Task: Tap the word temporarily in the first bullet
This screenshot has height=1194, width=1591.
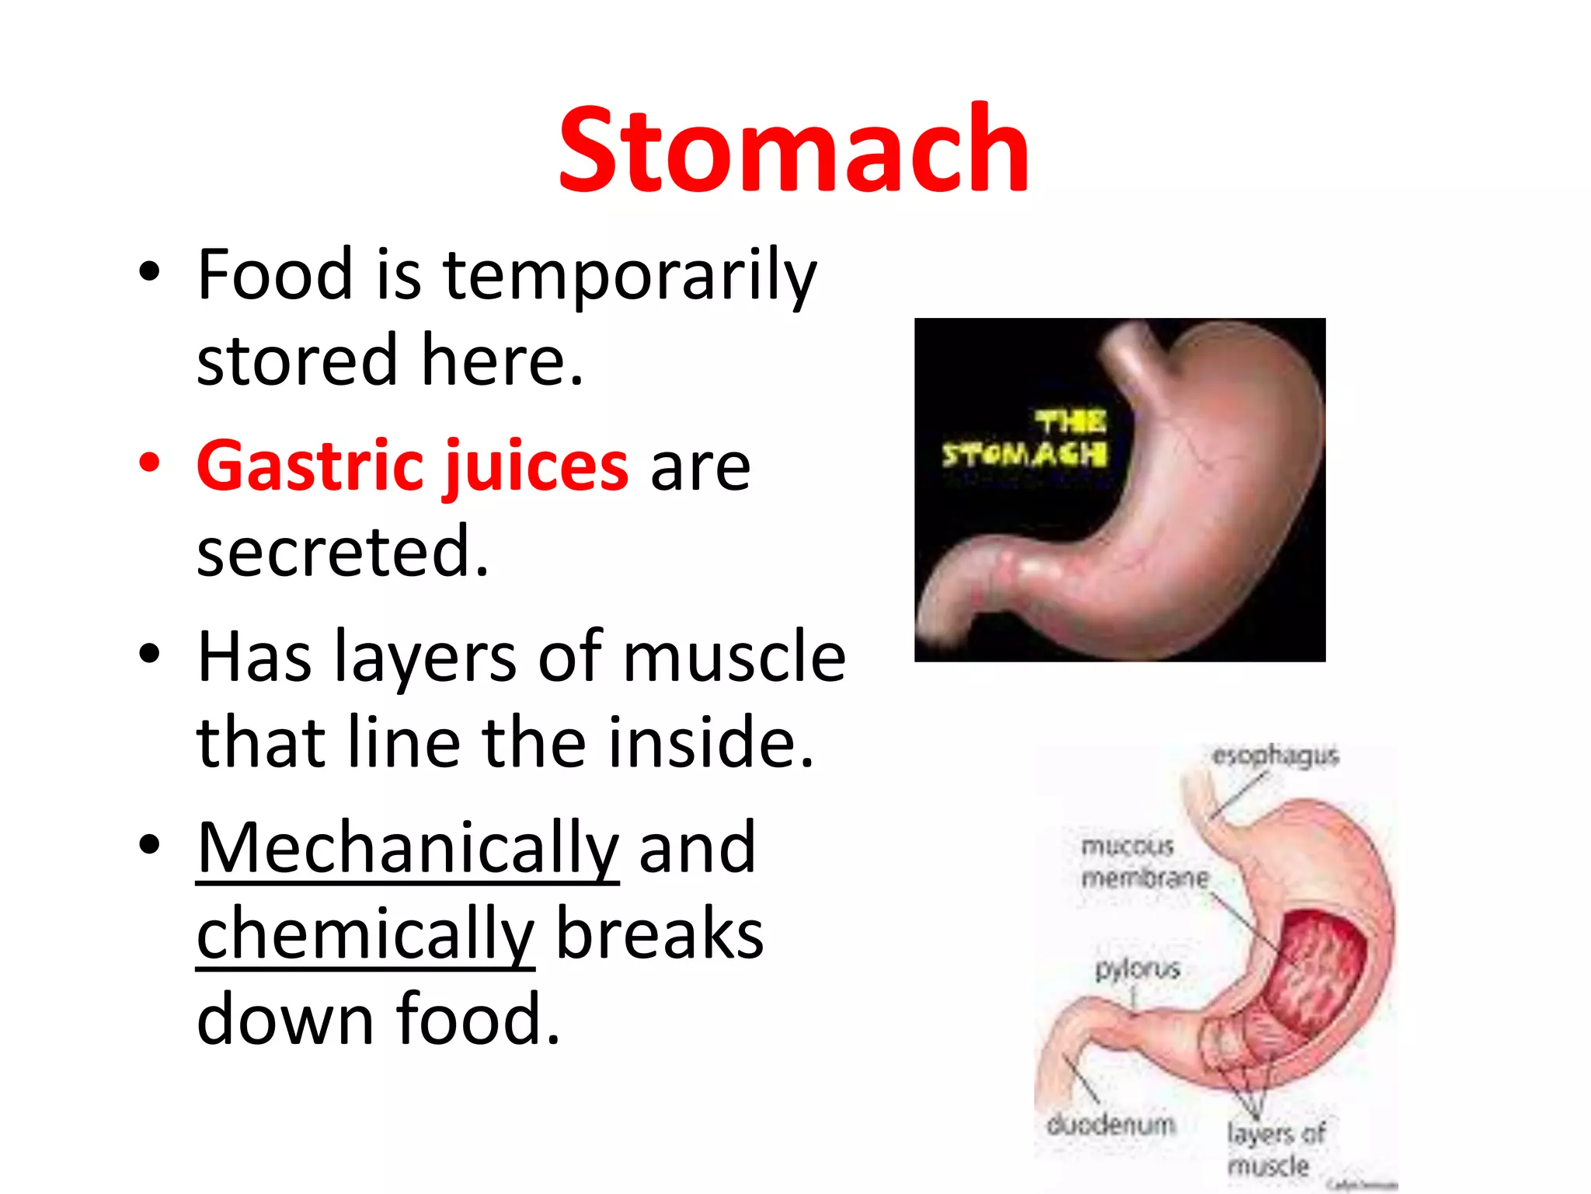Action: tap(629, 275)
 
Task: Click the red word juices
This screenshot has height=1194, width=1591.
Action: tap(536, 466)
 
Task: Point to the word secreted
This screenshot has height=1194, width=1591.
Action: tap(343, 552)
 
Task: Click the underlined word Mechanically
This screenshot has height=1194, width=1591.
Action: tap(408, 849)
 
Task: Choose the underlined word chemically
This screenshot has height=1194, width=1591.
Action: tap(365, 934)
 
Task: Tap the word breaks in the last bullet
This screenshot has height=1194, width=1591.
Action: tap(660, 934)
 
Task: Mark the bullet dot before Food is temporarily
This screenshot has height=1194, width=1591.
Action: tap(149, 272)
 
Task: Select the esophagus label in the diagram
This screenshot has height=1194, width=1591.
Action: tap(1276, 756)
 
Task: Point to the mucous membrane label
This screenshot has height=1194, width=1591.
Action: tap(1144, 861)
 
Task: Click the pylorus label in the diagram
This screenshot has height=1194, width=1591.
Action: tap(1137, 969)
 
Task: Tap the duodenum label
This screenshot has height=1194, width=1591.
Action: tap(1111, 1125)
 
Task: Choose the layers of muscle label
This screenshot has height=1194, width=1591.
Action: tap(1274, 1149)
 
